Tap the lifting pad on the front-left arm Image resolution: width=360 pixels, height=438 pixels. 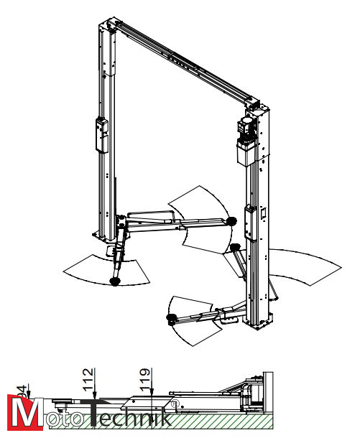pos(114,281)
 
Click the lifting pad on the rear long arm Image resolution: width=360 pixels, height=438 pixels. pos(230,220)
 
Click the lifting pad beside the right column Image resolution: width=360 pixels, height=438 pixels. pos(235,250)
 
